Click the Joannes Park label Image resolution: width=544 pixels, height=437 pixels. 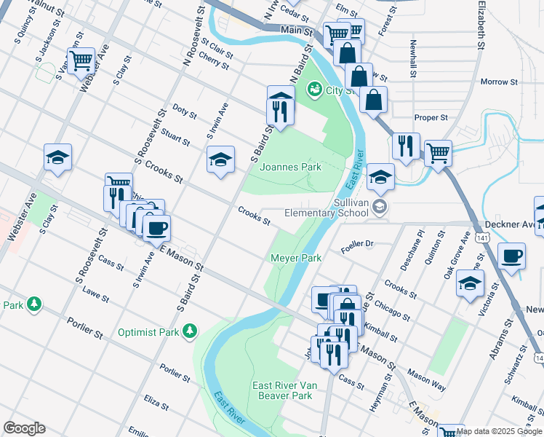(291, 167)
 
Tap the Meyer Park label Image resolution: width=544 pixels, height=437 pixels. (296, 258)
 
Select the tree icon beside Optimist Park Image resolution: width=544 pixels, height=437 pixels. (190, 331)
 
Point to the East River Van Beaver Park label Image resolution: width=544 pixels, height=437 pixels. (282, 390)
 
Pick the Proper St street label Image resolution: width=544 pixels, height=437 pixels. (431, 117)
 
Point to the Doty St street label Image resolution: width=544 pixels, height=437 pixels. (185, 111)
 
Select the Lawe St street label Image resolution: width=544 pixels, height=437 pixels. (95, 297)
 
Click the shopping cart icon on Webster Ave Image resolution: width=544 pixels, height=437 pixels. (81, 60)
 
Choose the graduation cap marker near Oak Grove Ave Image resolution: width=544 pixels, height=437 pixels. (471, 283)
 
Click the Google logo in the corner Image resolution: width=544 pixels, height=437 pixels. (24, 428)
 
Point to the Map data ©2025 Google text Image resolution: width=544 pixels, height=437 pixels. (500, 431)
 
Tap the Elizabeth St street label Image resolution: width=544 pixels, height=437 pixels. (481, 25)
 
